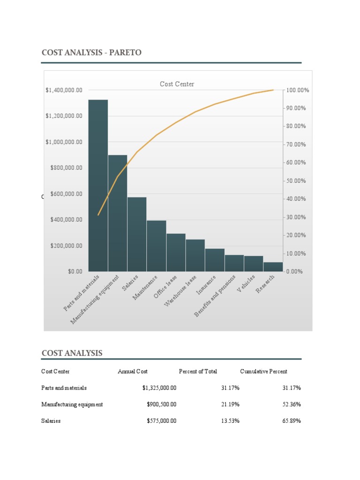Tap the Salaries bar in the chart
pos(137,234)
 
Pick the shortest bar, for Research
pos(273,267)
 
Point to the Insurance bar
pos(215,260)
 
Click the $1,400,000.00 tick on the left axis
pos(64,90)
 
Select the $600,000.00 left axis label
pos(64,194)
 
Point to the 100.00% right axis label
pos(297,90)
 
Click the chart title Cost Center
pos(177,84)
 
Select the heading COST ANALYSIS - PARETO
pos(91,53)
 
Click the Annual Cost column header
pos(133,371)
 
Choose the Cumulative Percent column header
pos(263,371)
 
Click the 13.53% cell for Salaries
pos(230,421)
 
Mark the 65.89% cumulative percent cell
pos(292,421)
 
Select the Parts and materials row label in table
pos(64,388)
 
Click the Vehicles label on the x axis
pos(247,284)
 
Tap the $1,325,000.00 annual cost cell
pos(159,388)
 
